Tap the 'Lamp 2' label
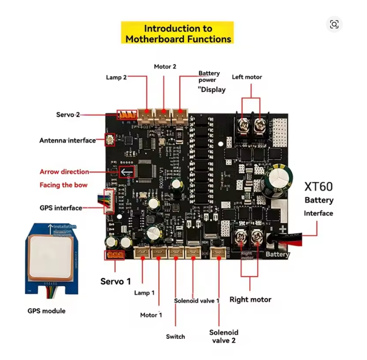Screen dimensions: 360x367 pos(116,77)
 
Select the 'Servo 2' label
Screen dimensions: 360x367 pos(68,115)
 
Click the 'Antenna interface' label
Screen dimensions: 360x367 pos(67,140)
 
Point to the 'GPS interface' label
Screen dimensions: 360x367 pos(61,208)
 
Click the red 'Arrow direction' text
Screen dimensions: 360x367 pos(64,172)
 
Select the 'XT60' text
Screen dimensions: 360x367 pos(319,187)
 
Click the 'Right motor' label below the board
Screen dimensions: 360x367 pos(250,299)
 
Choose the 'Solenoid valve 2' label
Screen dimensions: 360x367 pos(224,336)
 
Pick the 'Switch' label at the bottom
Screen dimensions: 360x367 pos(175,336)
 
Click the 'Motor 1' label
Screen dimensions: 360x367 pos(151,315)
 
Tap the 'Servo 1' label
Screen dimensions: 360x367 pos(115,281)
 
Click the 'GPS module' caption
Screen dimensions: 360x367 pos(46,311)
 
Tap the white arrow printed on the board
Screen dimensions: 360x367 pos(125,172)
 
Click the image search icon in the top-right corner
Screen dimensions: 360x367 pos(334,24)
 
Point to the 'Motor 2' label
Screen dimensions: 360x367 pos(165,67)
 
